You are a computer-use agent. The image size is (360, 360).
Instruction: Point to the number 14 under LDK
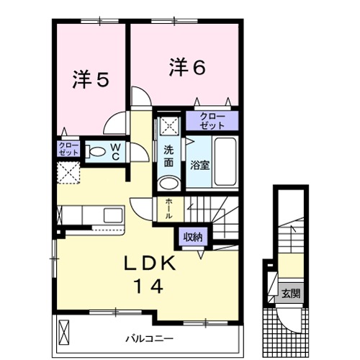[147, 285]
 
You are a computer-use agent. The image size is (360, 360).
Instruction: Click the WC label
[114, 152]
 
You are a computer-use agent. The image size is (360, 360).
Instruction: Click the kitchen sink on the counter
[112, 215]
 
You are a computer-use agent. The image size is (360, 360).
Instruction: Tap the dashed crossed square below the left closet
[69, 174]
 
